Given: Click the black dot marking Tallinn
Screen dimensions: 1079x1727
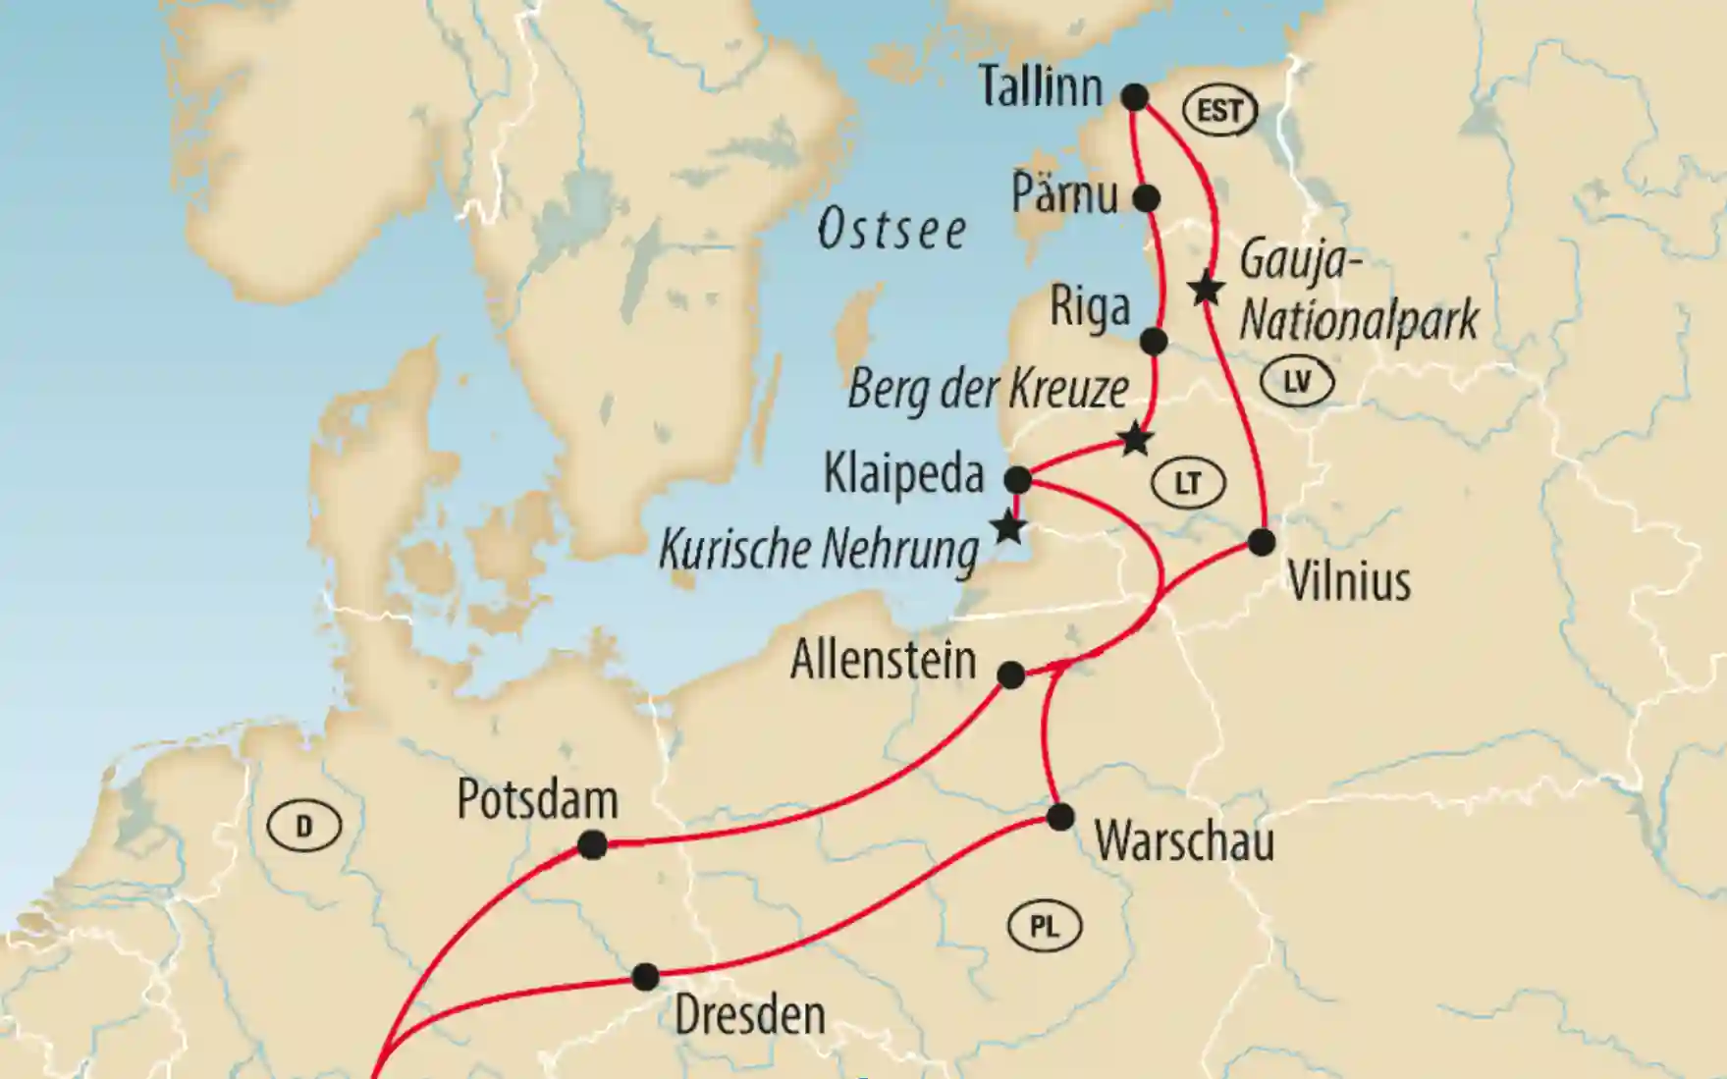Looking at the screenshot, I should (1134, 97).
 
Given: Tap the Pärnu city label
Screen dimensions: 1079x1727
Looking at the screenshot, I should (1064, 194).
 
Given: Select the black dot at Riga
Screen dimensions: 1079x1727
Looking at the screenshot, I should (1154, 342).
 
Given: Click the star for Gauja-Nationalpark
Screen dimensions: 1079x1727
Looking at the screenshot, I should (1206, 290).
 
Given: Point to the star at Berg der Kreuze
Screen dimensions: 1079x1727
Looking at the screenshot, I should (1135, 439).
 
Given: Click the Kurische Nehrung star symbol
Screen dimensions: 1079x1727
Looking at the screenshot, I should (1008, 528).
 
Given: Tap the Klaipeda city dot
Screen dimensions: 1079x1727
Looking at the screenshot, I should (1018, 480).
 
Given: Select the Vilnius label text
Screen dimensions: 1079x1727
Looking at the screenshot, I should (1348, 582).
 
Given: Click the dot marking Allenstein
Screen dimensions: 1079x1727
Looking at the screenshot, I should (1010, 675).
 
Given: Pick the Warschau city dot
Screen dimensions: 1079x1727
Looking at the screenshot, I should (1060, 817).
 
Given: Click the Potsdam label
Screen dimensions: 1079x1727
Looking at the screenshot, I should (537, 801).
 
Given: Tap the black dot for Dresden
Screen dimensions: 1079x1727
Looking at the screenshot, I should (645, 977).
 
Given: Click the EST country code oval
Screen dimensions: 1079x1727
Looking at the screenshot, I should (1219, 110).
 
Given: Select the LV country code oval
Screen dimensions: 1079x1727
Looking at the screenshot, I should (1297, 382).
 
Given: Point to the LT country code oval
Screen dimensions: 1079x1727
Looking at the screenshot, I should (1188, 483).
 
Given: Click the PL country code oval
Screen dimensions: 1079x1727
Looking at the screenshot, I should (1044, 926).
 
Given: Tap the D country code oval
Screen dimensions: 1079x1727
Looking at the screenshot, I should (303, 827).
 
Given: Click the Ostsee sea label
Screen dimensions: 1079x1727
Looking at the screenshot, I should (891, 230).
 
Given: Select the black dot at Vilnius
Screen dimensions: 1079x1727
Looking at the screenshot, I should (1262, 541).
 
